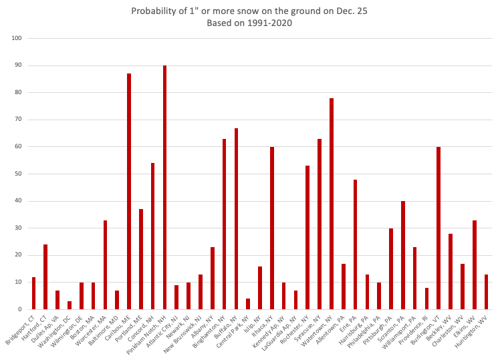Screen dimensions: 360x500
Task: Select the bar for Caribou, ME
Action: pyautogui.click(x=129, y=191)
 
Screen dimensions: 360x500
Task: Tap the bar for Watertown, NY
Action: pyautogui.click(x=332, y=204)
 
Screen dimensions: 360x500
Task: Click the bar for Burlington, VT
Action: pyautogui.click(x=439, y=228)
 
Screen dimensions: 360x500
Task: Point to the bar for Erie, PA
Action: pyautogui.click(x=355, y=244)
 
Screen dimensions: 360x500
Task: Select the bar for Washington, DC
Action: pyautogui.click(x=70, y=305)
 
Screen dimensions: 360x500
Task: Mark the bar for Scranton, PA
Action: pyautogui.click(x=403, y=255)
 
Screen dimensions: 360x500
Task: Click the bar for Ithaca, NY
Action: pyautogui.click(x=272, y=228)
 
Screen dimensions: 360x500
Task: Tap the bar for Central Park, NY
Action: pyautogui.click(x=248, y=304)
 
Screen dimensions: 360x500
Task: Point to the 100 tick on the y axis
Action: pyautogui.click(x=17, y=39)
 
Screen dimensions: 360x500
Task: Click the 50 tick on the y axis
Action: pyautogui.click(x=19, y=174)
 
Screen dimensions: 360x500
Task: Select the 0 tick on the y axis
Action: pyautogui.click(x=21, y=309)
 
